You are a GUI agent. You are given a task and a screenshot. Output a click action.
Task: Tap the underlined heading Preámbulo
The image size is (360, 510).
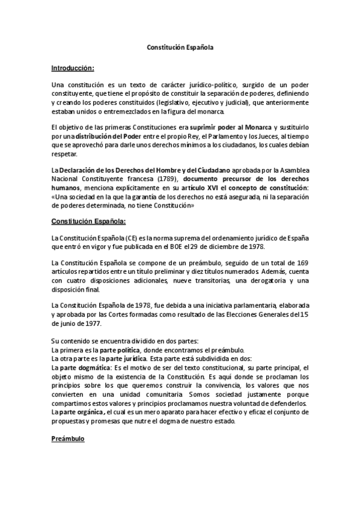[69, 439]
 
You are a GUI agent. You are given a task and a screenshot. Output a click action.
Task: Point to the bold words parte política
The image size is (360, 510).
[123, 350]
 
